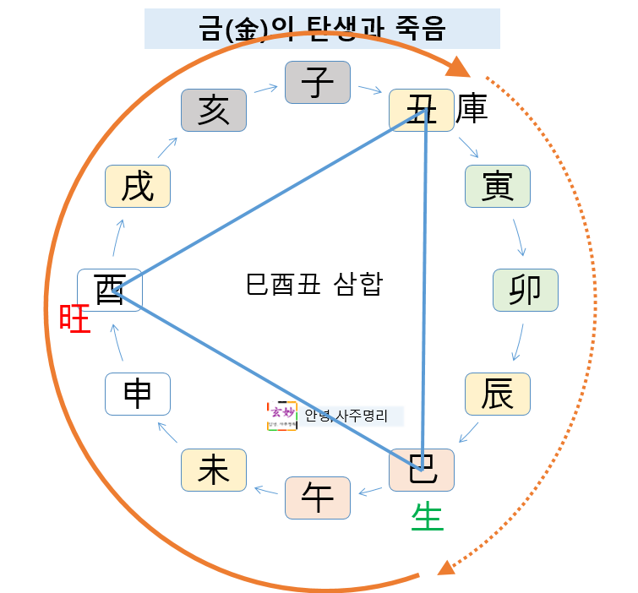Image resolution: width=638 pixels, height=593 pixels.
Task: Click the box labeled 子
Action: click(x=317, y=82)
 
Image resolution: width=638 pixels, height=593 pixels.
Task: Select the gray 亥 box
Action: click(x=214, y=110)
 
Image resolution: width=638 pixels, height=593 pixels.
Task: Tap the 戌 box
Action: click(x=138, y=186)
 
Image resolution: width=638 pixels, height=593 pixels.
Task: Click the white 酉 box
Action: click(x=110, y=290)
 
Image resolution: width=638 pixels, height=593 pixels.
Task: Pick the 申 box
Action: click(x=138, y=394)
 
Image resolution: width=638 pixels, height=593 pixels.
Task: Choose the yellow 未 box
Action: click(x=214, y=470)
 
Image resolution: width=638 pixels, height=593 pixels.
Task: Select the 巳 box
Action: click(x=421, y=470)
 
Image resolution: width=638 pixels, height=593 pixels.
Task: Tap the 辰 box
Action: click(x=497, y=394)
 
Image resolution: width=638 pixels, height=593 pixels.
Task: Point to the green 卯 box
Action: click(x=525, y=290)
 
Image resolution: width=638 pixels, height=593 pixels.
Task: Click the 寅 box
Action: click(x=497, y=186)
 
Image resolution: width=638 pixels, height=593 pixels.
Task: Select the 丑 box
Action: click(x=421, y=110)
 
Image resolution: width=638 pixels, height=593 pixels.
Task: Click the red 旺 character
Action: click(x=74, y=320)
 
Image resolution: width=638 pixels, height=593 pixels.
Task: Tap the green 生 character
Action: click(x=428, y=516)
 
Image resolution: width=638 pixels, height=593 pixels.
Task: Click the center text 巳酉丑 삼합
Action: click(x=314, y=284)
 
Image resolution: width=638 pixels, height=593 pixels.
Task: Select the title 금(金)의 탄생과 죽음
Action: click(x=322, y=29)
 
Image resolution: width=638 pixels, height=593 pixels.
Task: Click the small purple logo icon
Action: click(x=281, y=416)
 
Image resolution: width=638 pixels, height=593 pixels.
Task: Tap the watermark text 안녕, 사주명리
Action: click(x=346, y=416)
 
